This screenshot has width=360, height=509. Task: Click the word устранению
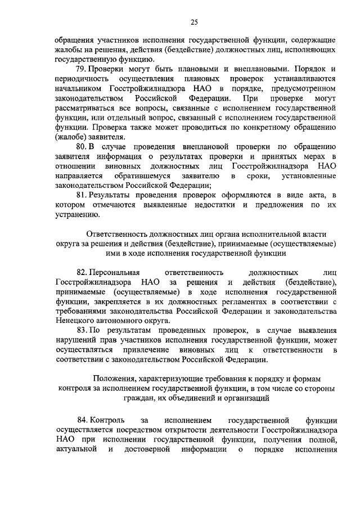(x=76, y=214)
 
